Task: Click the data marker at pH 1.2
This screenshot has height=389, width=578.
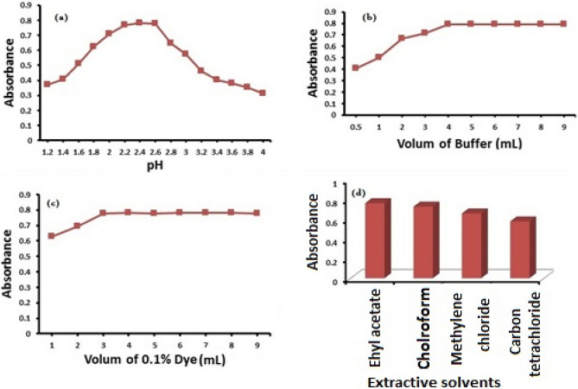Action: (x=47, y=84)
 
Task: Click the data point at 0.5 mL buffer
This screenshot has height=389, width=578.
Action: (x=356, y=67)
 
